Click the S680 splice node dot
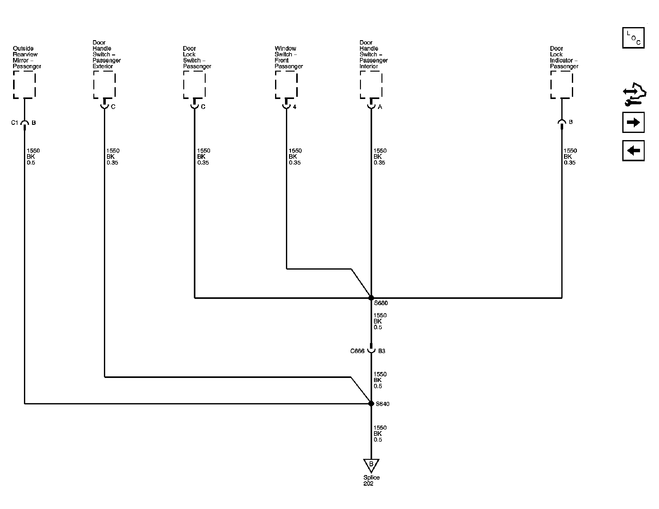(371, 298)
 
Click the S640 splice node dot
(371, 403)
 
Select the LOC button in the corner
(633, 38)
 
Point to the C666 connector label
(357, 351)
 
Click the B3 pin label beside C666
(382, 351)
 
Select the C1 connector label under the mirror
(15, 123)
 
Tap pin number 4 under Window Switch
(295, 107)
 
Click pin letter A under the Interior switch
(380, 107)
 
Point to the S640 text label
(383, 404)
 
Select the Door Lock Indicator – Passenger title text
(564, 57)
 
